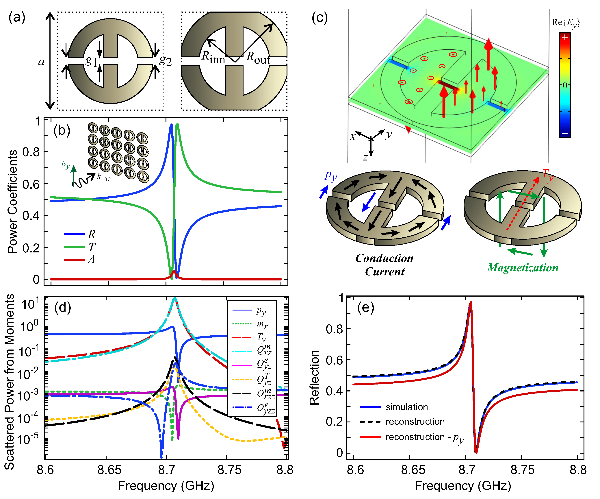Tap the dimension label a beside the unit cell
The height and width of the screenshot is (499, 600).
(x=41, y=62)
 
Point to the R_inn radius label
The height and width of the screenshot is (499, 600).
(x=213, y=57)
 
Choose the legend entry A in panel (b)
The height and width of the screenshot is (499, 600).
(x=91, y=259)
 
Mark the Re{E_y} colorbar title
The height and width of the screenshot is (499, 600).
(x=566, y=23)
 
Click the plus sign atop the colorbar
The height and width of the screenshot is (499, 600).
(x=565, y=37)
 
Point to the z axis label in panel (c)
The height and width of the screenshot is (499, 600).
(x=365, y=157)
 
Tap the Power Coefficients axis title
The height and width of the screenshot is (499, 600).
(x=12, y=202)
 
